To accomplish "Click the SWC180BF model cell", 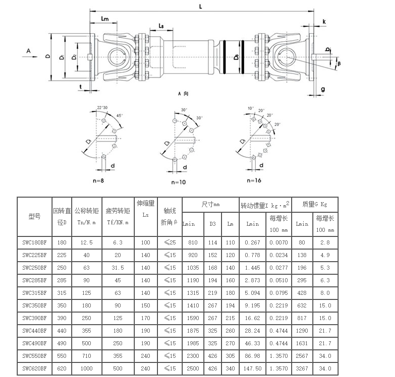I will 34,242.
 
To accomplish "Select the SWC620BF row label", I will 34,368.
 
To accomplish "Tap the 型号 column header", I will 34,216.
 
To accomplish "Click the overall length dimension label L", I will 200,7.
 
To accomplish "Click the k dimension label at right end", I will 324,22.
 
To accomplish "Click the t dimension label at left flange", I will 81,87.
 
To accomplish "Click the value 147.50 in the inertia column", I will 252,368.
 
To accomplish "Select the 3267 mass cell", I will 302,368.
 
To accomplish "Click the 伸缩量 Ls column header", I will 146,209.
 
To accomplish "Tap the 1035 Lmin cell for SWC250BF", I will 192,267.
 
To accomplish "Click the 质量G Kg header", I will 314,204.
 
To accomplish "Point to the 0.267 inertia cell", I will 252,242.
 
